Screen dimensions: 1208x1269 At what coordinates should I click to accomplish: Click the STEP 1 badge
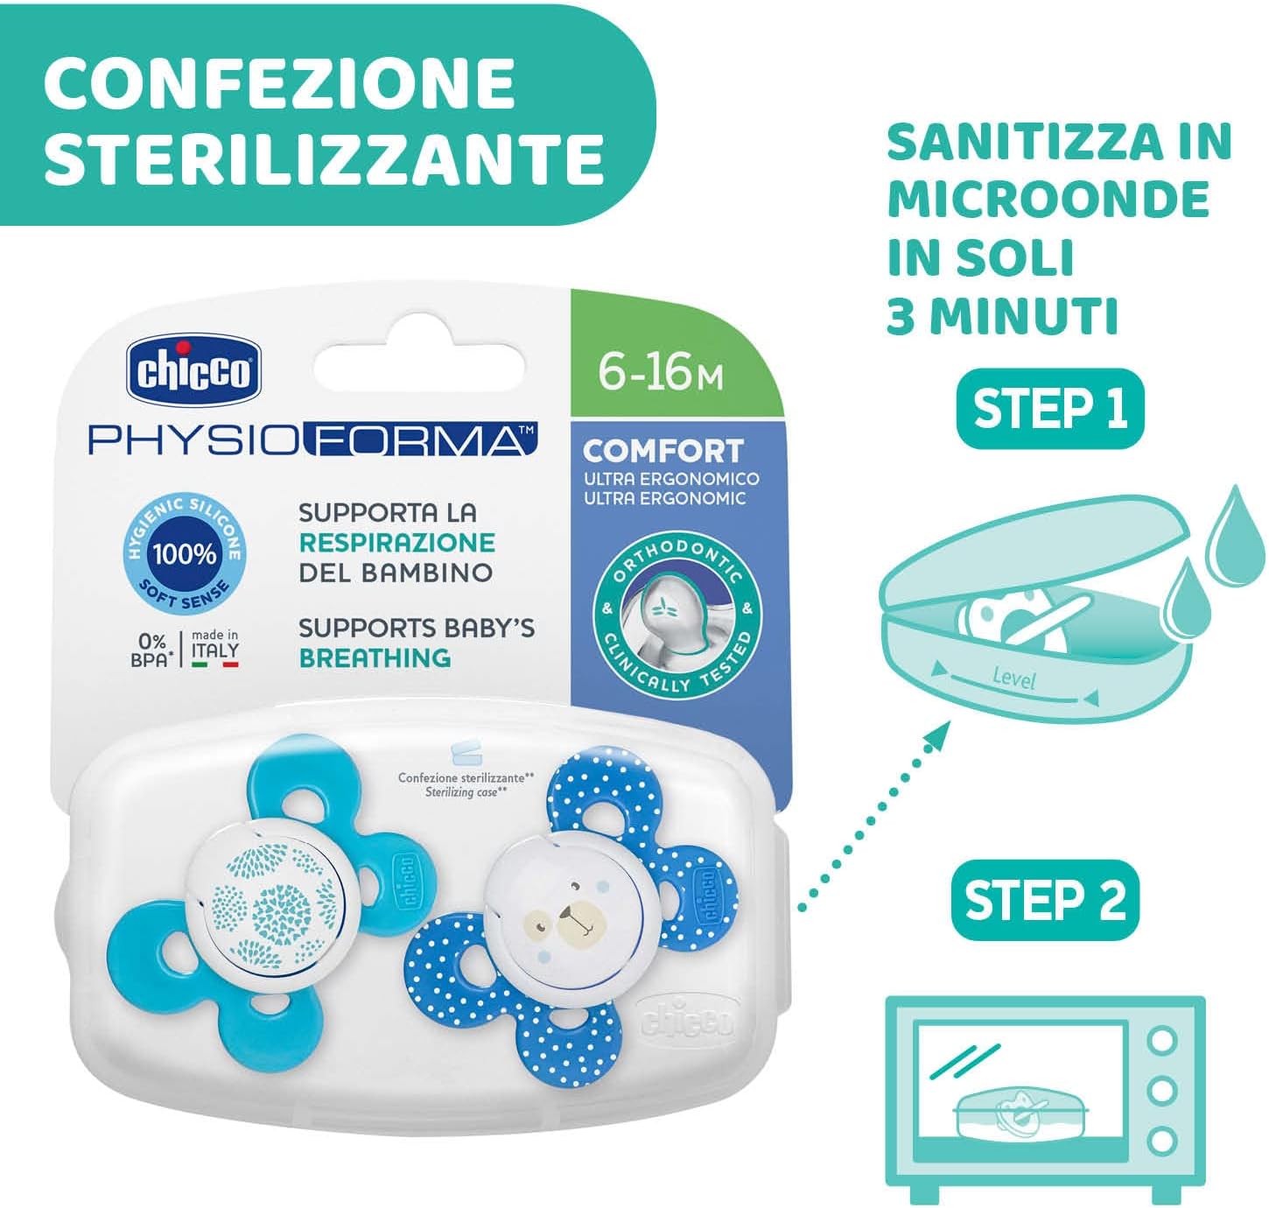pyautogui.click(x=1049, y=409)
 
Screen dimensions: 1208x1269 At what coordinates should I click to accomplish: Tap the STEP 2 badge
pyautogui.click(x=1045, y=900)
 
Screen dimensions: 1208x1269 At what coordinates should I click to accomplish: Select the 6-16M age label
pyautogui.click(x=661, y=373)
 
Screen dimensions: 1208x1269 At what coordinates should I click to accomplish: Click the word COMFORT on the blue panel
pyautogui.click(x=663, y=451)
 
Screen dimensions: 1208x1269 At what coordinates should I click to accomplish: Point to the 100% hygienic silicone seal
pyautogui.click(x=185, y=553)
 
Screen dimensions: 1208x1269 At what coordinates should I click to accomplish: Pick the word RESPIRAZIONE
pyautogui.click(x=397, y=543)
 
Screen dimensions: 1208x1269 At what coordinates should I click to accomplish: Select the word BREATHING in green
pyautogui.click(x=375, y=657)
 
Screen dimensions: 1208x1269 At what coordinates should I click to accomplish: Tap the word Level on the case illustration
pyautogui.click(x=1014, y=678)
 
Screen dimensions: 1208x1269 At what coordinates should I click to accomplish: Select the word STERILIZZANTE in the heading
pyautogui.click(x=323, y=158)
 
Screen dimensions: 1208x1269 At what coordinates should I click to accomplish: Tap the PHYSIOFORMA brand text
pyautogui.click(x=312, y=439)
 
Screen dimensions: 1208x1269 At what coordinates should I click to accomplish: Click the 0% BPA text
pyautogui.click(x=150, y=650)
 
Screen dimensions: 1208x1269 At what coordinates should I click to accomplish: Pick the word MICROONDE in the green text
pyautogui.click(x=1048, y=199)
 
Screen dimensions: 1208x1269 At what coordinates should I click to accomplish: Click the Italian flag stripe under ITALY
pyautogui.click(x=215, y=665)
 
